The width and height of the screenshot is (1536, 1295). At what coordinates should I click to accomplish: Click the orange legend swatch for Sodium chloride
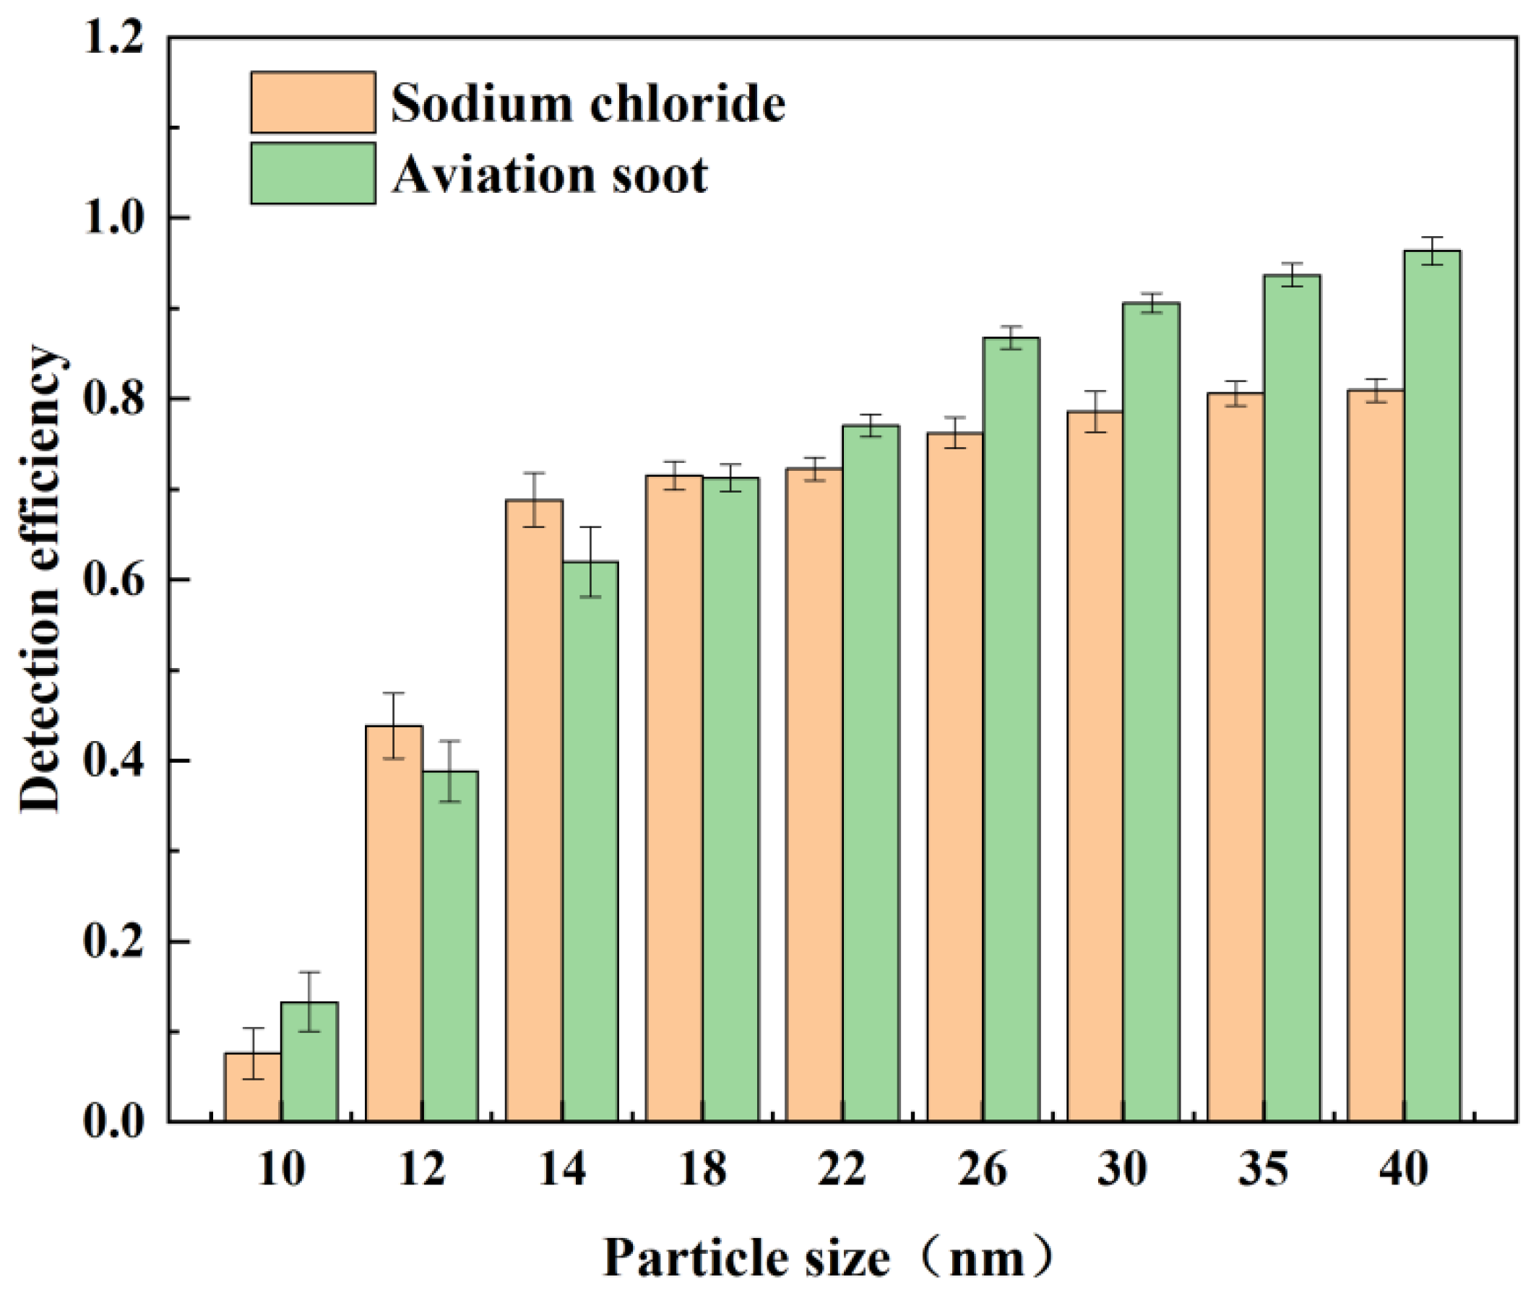313,102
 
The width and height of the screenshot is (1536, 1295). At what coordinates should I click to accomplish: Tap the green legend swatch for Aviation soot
313,173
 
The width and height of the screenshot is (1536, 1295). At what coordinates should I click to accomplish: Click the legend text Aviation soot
549,175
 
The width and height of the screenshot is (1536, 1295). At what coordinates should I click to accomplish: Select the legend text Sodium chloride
587,103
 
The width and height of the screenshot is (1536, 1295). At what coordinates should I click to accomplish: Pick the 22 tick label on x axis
842,1168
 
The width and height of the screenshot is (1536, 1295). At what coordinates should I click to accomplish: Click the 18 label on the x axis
703,1168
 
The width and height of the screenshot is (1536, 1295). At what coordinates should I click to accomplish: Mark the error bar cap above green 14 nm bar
590,527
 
